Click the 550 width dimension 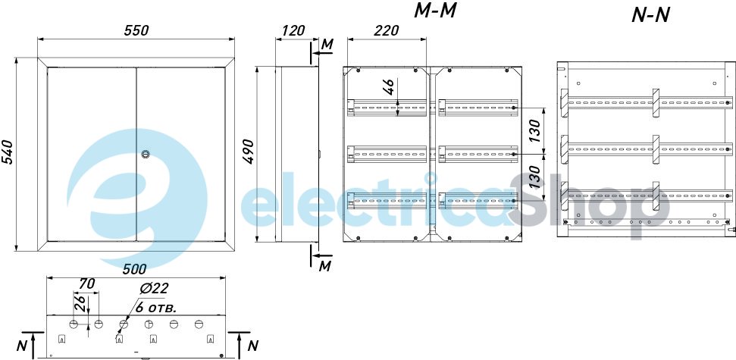(x=136, y=30)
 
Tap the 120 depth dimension (x=292, y=30)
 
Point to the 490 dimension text (x=249, y=151)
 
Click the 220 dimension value (x=387, y=30)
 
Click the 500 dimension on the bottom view (x=134, y=269)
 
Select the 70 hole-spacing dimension (x=87, y=283)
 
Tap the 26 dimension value (x=80, y=305)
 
